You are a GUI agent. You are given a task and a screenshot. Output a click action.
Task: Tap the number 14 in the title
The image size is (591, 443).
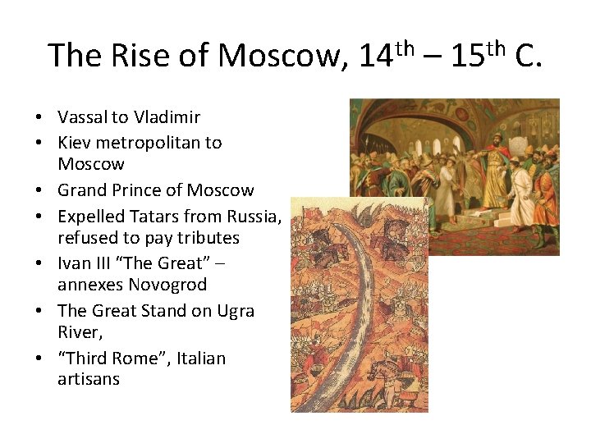click(376, 55)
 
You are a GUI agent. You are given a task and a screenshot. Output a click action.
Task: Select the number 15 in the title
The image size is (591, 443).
click(467, 55)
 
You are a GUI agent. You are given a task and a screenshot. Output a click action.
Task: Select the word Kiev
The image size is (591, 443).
click(74, 143)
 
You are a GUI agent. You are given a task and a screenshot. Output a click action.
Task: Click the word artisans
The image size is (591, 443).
click(88, 380)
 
